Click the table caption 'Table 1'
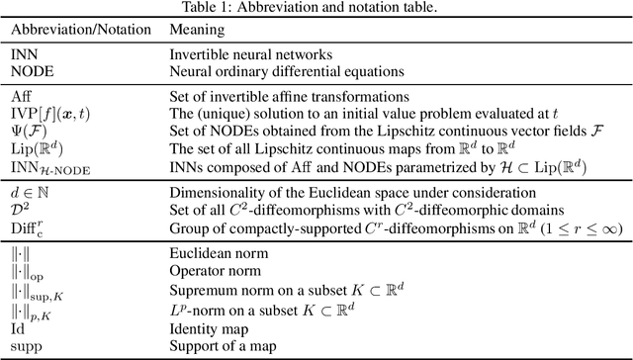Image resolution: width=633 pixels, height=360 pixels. point(316,8)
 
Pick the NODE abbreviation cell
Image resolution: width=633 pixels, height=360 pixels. point(28,72)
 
